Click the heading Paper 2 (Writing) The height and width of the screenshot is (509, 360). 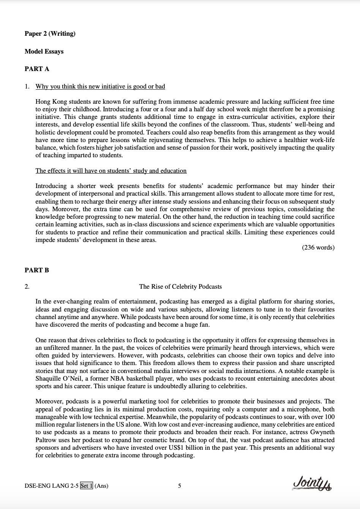coord(50,34)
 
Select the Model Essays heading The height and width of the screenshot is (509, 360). coord(44,52)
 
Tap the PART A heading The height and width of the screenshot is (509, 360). coord(37,69)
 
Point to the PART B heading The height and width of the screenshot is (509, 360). coord(37,270)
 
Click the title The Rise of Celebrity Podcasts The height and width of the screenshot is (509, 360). coord(180,287)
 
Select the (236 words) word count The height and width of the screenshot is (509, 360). coord(318,248)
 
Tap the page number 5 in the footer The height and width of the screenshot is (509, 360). coord(180,485)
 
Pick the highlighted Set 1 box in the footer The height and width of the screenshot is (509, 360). coord(87,485)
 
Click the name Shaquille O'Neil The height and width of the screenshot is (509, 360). coord(57,379)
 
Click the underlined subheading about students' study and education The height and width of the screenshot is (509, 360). coord(111,171)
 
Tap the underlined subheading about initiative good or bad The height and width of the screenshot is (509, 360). coord(100,87)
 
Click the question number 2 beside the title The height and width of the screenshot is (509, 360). coord(27,287)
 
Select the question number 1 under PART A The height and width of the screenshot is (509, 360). coord(27,87)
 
